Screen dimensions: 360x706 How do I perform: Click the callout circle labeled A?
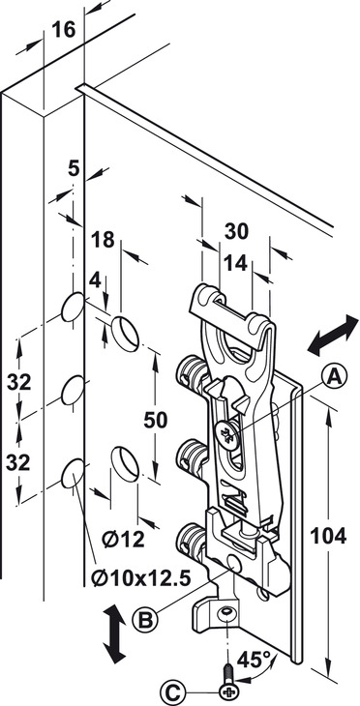[x=334, y=377]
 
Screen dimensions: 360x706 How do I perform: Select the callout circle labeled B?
[x=145, y=621]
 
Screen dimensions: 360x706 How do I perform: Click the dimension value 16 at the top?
[x=64, y=30]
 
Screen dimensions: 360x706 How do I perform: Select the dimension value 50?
[x=156, y=420]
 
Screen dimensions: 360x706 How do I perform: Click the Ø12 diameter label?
[x=123, y=539]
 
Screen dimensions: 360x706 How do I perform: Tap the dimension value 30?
[x=236, y=231]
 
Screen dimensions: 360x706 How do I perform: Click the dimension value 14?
[x=236, y=263]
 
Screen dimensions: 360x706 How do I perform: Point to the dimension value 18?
[x=104, y=240]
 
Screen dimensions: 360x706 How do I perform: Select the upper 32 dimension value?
[x=18, y=383]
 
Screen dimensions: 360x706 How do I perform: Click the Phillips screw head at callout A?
[x=226, y=435]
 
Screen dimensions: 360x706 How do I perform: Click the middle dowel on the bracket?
[x=193, y=456]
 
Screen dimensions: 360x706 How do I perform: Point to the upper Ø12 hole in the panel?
[x=125, y=334]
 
